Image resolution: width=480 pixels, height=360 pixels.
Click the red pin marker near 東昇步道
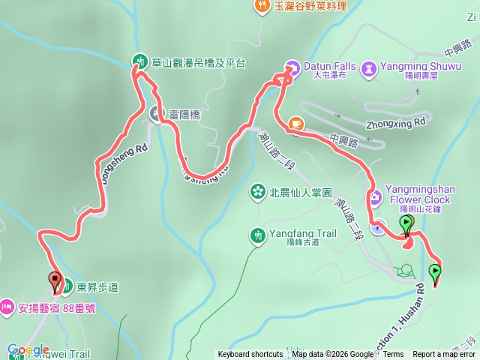point(55,282)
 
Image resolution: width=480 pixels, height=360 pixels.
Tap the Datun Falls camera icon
point(292,66)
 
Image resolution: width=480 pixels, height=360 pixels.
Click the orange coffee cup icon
point(296,122)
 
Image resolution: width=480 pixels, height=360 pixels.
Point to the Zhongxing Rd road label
point(396,120)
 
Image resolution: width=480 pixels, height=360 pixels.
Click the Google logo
point(28,349)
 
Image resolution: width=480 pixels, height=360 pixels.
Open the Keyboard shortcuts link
point(250,355)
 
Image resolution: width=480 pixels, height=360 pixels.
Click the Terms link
point(393,355)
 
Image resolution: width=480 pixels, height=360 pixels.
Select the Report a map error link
point(445,355)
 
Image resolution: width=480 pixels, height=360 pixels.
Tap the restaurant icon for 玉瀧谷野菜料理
point(262,6)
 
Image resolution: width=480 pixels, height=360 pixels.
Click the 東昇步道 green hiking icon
point(67,286)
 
